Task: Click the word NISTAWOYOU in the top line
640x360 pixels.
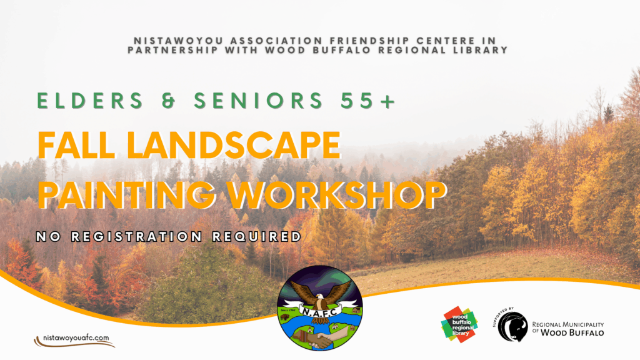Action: tap(178, 41)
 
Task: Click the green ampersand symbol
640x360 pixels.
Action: tap(169, 101)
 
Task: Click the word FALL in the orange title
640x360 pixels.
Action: tap(76, 145)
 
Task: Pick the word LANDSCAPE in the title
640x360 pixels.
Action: tap(234, 145)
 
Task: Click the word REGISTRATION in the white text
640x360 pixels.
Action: tap(137, 237)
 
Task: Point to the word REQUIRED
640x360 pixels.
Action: tap(257, 237)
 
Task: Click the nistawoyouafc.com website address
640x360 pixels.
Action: tap(76, 338)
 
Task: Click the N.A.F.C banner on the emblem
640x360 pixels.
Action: tap(320, 311)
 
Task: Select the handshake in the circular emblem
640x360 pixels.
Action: tap(319, 339)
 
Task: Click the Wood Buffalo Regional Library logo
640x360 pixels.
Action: tap(459, 324)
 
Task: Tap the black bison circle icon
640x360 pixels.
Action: tap(512, 326)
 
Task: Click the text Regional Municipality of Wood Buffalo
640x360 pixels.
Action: tap(567, 329)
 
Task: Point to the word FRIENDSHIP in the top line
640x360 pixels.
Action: tap(369, 41)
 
